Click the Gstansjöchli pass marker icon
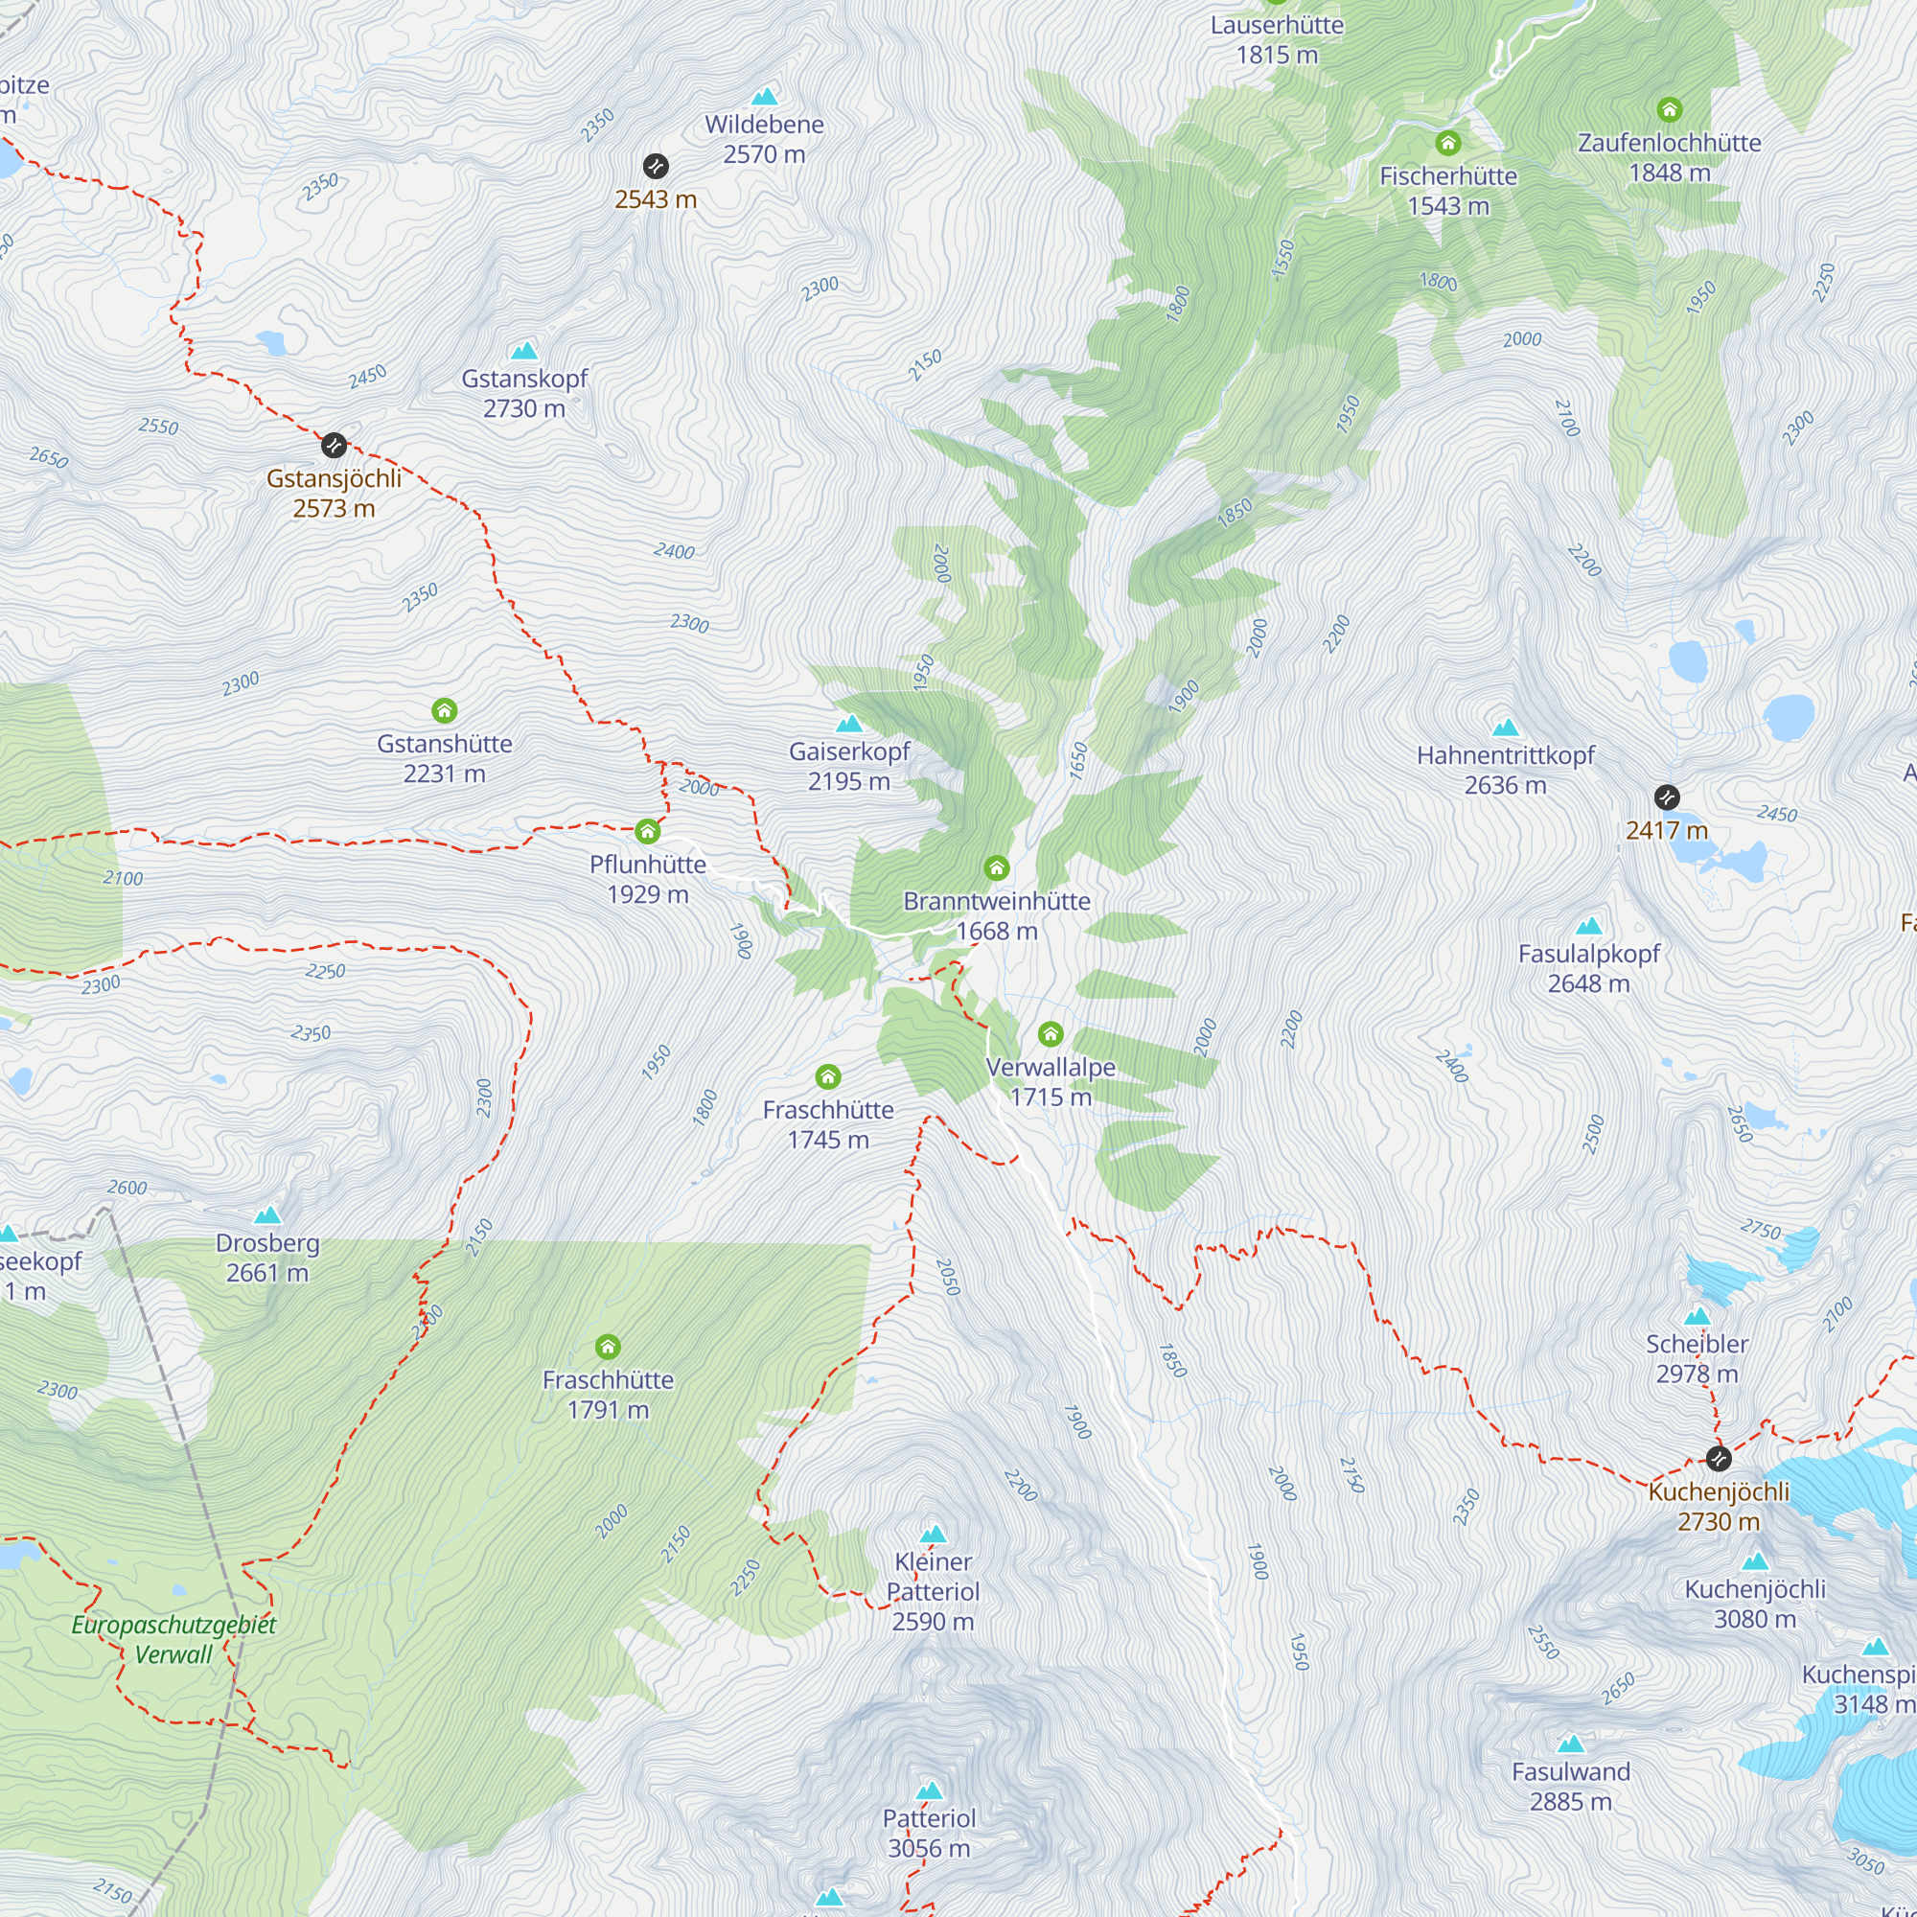click(x=334, y=446)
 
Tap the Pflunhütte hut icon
click(x=648, y=830)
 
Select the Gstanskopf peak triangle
click(x=524, y=350)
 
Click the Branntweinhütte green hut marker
click(x=996, y=869)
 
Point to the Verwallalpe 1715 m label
click(x=1050, y=1081)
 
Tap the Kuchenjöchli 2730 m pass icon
click(x=1719, y=1459)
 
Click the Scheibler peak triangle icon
click(x=1697, y=1317)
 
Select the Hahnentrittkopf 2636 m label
click(x=1505, y=770)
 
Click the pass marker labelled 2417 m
click(x=1667, y=797)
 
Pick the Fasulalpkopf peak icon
click(x=1588, y=926)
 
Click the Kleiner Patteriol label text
click(x=933, y=1591)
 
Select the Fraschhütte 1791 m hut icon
click(x=608, y=1347)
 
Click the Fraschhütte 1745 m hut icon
click(x=827, y=1076)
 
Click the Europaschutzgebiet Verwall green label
click(x=173, y=1639)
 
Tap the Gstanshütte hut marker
click(x=445, y=710)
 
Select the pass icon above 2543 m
click(x=655, y=166)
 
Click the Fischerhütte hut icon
click(x=1447, y=143)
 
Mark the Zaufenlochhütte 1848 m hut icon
click(x=1669, y=109)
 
